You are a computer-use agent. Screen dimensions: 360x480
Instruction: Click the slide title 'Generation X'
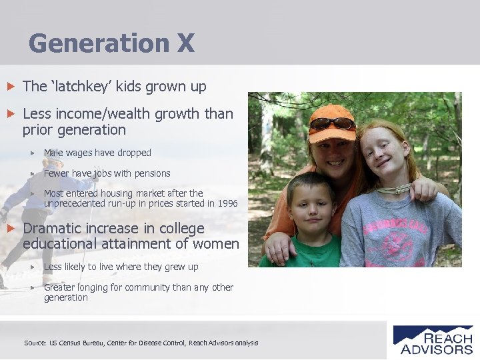pyautogui.click(x=111, y=43)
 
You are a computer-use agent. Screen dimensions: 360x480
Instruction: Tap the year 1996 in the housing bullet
pyautogui.click(x=226, y=203)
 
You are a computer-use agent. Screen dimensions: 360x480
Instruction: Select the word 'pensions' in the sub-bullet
pyautogui.click(x=152, y=173)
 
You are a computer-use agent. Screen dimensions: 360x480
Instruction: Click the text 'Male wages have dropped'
pyautogui.click(x=97, y=153)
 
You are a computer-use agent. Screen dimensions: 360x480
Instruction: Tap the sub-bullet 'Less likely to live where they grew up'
pyautogui.click(x=121, y=267)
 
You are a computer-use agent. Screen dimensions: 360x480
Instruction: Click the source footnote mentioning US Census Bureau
pyautogui.click(x=141, y=343)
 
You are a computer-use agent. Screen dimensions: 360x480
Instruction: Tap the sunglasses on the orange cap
pyautogui.click(x=332, y=123)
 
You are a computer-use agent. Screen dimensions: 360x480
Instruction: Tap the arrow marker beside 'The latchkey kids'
pyautogui.click(x=9, y=87)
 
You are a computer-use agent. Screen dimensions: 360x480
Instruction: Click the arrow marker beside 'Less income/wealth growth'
pyautogui.click(x=9, y=114)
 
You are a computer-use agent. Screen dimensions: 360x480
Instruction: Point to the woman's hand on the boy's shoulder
pyautogui.click(x=274, y=247)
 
